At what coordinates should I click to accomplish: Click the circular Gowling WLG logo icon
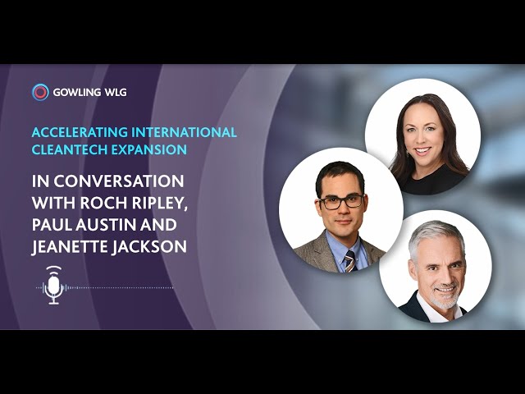[x=40, y=92]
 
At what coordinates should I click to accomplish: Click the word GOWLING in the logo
[x=77, y=93]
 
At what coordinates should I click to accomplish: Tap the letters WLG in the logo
[x=116, y=93]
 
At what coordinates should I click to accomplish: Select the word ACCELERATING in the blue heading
[x=80, y=132]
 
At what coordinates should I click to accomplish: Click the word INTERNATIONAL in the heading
[x=184, y=132]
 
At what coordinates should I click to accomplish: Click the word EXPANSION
[x=149, y=149]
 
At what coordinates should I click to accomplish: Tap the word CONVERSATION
[x=119, y=181]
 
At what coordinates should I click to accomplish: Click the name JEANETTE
[x=70, y=246]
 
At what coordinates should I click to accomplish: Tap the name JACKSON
[x=149, y=246]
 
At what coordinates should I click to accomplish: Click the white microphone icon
[x=53, y=285]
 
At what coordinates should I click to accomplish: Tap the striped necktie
[x=350, y=261]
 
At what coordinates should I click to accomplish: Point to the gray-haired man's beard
[x=445, y=295]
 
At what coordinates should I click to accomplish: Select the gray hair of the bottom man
[x=436, y=235]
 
